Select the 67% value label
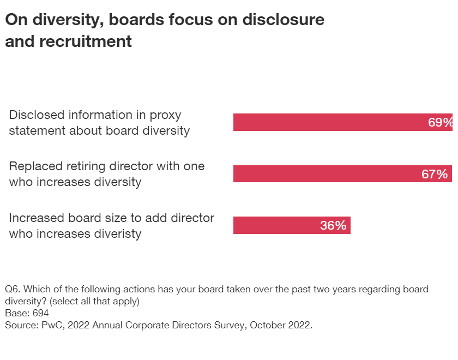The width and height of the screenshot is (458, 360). (435, 174)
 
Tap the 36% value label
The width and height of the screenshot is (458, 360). (333, 225)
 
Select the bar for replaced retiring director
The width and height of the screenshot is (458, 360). (327, 174)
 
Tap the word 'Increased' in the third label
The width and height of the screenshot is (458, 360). (35, 218)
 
